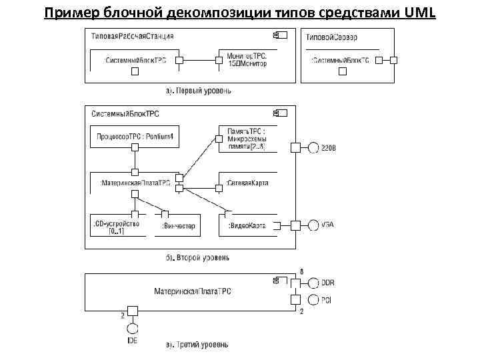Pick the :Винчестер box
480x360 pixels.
[179, 226]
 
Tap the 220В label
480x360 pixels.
[329, 148]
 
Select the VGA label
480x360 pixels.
[327, 225]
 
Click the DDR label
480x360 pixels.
[328, 283]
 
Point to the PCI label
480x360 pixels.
[327, 301]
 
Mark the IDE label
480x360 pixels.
[132, 341]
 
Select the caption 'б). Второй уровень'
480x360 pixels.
[198, 257]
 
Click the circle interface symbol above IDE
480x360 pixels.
[132, 329]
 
